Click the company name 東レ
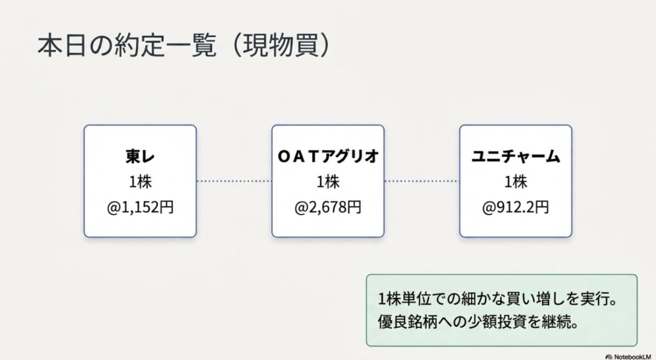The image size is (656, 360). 140,156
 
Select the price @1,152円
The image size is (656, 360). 140,207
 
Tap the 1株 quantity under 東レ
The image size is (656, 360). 140,182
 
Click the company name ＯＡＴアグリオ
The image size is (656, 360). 328,156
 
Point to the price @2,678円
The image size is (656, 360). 328,207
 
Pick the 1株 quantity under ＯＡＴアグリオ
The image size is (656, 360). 328,182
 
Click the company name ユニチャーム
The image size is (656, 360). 516,156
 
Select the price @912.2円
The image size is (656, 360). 516,207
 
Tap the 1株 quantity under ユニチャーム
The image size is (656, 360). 516,182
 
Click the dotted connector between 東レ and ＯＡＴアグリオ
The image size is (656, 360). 234,181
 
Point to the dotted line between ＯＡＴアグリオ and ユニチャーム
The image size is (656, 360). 422,181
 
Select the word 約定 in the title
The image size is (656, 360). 139,45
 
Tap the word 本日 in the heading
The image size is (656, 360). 63,45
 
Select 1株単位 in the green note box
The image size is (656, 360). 402,299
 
